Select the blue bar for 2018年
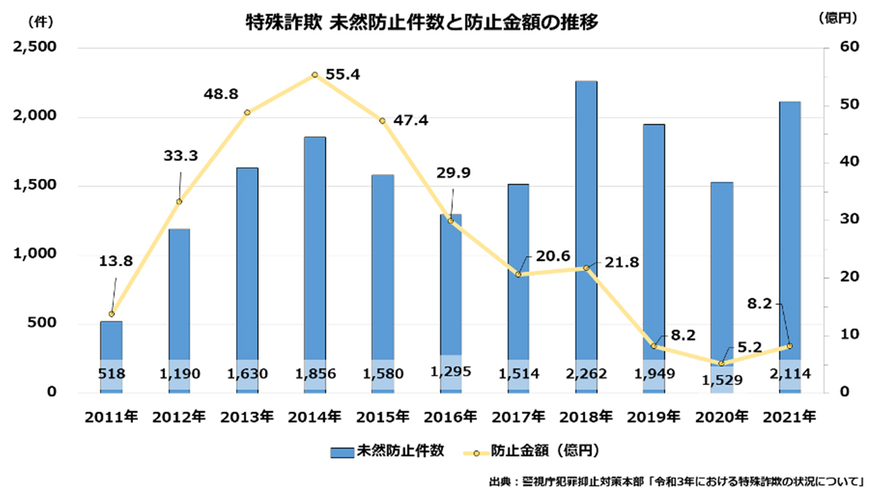click(x=586, y=234)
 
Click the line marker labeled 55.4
click(x=314, y=75)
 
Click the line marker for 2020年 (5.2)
click(x=721, y=364)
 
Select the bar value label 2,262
click(x=586, y=373)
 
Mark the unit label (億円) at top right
click(x=838, y=19)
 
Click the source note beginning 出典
click(x=678, y=481)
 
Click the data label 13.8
click(x=115, y=261)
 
